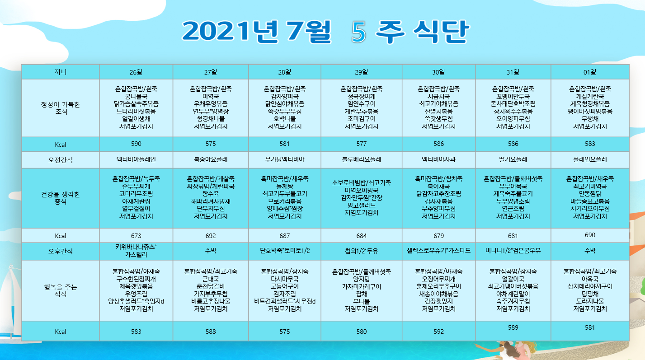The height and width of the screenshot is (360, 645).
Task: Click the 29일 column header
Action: point(362,72)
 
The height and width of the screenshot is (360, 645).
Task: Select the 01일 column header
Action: point(590,72)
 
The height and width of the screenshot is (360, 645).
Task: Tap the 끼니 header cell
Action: point(61,72)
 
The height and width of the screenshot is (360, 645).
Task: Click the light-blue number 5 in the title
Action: point(359,32)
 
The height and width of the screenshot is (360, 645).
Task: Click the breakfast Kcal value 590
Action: point(136,144)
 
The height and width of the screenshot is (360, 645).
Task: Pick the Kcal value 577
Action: point(362,144)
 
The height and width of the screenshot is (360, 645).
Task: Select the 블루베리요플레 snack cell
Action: point(362,159)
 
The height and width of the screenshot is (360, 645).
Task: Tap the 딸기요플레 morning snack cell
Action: point(513,159)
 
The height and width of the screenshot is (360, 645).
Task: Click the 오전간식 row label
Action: point(61,160)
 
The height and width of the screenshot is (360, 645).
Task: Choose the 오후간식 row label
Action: point(61,252)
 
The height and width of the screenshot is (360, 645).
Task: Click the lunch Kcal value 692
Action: point(211,236)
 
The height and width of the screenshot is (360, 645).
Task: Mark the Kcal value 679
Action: point(438,236)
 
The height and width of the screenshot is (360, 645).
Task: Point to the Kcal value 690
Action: point(590,235)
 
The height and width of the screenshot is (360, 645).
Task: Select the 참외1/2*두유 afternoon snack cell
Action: point(362,251)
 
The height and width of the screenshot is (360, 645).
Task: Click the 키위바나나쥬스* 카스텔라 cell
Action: point(136,251)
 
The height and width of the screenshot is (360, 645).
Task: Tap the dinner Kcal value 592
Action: point(438,332)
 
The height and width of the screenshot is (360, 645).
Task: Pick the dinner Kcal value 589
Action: point(513,328)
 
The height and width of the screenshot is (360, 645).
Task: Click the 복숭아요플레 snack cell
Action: point(211,159)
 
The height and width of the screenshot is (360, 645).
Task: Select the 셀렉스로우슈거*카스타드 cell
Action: point(438,251)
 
